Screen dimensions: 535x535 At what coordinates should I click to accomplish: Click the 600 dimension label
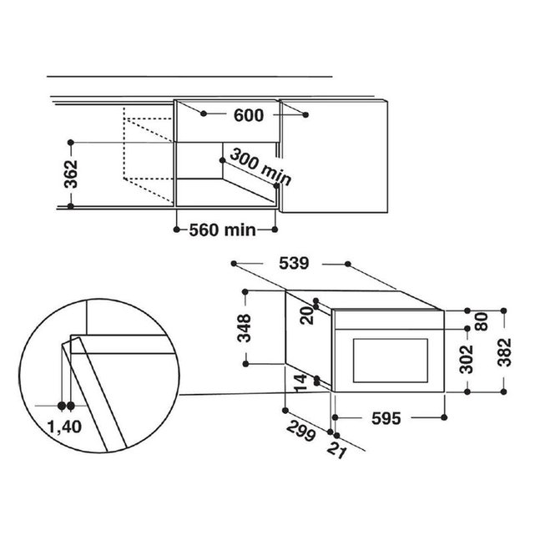[249, 115]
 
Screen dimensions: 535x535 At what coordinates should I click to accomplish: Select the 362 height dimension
[71, 174]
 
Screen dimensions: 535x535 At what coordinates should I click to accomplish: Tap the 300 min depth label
[260, 167]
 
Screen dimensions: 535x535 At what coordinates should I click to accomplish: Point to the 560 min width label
[223, 230]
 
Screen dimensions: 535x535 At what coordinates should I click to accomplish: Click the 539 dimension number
[294, 263]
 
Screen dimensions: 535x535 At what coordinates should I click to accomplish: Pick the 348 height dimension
[245, 328]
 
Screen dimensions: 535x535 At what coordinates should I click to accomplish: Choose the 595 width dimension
[386, 418]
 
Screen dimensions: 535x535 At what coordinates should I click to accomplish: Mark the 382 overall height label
[505, 352]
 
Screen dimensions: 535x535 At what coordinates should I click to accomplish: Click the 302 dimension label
[467, 359]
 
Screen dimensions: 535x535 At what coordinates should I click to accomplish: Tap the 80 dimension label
[482, 321]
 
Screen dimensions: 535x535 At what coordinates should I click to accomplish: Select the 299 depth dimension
[300, 431]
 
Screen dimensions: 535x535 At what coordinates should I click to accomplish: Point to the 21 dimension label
[336, 450]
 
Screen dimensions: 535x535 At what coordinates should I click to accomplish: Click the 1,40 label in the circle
[64, 426]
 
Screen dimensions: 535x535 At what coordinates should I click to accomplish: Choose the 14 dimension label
[300, 383]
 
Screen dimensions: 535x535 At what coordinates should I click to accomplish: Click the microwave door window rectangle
[391, 361]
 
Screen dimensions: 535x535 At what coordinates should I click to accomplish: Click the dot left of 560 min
[176, 230]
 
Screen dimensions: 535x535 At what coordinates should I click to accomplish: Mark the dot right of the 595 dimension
[444, 417]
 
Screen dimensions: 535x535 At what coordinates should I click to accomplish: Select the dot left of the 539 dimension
[234, 264]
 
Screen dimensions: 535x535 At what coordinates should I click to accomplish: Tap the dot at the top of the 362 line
[71, 142]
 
